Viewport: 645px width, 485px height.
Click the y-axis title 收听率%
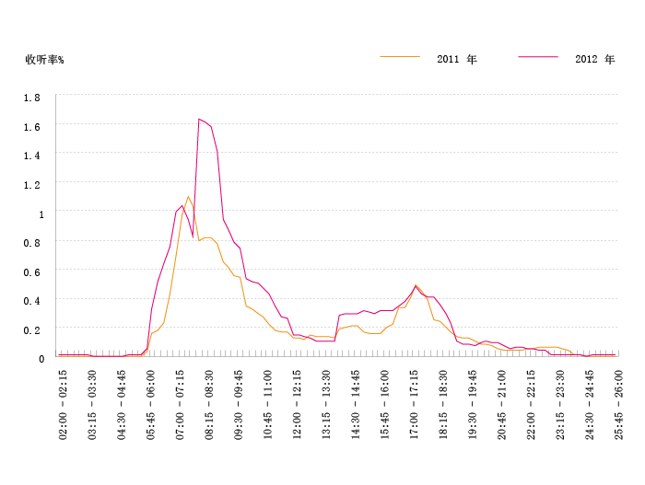pyautogui.click(x=44, y=60)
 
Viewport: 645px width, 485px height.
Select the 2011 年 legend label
pyautogui.click(x=457, y=59)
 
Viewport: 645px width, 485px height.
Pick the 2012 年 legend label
pyautogui.click(x=594, y=59)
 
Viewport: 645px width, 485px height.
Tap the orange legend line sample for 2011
pyautogui.click(x=400, y=57)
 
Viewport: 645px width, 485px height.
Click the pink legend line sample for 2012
pyautogui.click(x=538, y=57)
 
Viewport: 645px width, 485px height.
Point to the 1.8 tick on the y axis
pyautogui.click(x=31, y=97)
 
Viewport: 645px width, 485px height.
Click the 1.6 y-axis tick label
pyautogui.click(x=31, y=126)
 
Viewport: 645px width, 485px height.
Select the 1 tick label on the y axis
pyautogui.click(x=41, y=214)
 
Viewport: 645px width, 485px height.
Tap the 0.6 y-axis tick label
pyautogui.click(x=31, y=271)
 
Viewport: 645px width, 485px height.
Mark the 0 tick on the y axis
pyautogui.click(x=41, y=359)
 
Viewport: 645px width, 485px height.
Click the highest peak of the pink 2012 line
pyautogui.click(x=198, y=119)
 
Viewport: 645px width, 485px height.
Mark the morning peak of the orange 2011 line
pyautogui.click(x=188, y=196)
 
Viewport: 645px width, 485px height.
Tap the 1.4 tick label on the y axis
pyautogui.click(x=31, y=156)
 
